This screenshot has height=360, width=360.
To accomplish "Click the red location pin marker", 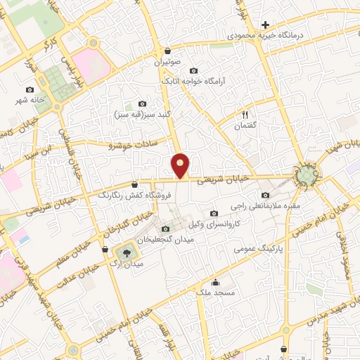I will pyautogui.click(x=181, y=166).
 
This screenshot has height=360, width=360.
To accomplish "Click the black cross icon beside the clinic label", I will pyautogui.click(x=265, y=25).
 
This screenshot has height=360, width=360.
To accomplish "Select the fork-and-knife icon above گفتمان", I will pyautogui.click(x=245, y=114).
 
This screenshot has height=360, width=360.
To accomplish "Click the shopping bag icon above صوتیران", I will pyautogui.click(x=167, y=51).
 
